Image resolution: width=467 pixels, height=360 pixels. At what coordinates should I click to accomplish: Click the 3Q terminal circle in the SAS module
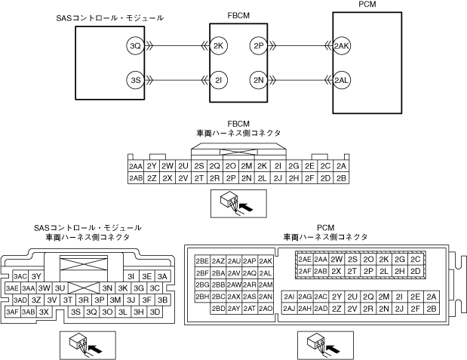coord(135,46)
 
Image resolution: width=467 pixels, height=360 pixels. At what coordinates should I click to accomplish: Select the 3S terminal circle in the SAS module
coord(135,80)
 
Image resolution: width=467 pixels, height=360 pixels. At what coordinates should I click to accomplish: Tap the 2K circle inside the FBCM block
coord(219,46)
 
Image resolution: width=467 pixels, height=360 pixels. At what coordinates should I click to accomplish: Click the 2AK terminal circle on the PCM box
coord(343,46)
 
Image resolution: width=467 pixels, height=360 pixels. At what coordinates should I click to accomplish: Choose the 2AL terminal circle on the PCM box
coord(343,80)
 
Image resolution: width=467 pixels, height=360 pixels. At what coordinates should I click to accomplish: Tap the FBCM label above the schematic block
coord(238,14)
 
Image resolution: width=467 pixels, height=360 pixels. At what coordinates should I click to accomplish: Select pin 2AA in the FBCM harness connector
coord(136,166)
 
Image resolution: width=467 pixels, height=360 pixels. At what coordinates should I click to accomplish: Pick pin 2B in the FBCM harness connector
coord(342,178)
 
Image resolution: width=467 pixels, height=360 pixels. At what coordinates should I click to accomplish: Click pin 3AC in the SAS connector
coord(20,276)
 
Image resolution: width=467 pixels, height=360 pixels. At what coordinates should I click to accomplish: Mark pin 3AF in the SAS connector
coord(12,311)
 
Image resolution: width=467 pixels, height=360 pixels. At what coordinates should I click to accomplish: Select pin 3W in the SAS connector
coord(45,288)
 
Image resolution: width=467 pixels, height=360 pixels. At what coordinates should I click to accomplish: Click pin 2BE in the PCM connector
coord(202,260)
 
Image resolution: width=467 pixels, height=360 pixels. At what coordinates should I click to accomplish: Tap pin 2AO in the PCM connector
coord(266,309)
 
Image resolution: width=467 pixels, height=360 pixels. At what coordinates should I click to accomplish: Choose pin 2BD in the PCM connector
coord(219,309)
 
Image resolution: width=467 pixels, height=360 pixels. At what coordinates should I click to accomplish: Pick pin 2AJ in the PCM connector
coord(290,309)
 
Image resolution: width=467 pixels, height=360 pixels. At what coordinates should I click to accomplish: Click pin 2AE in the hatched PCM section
coord(305,259)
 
